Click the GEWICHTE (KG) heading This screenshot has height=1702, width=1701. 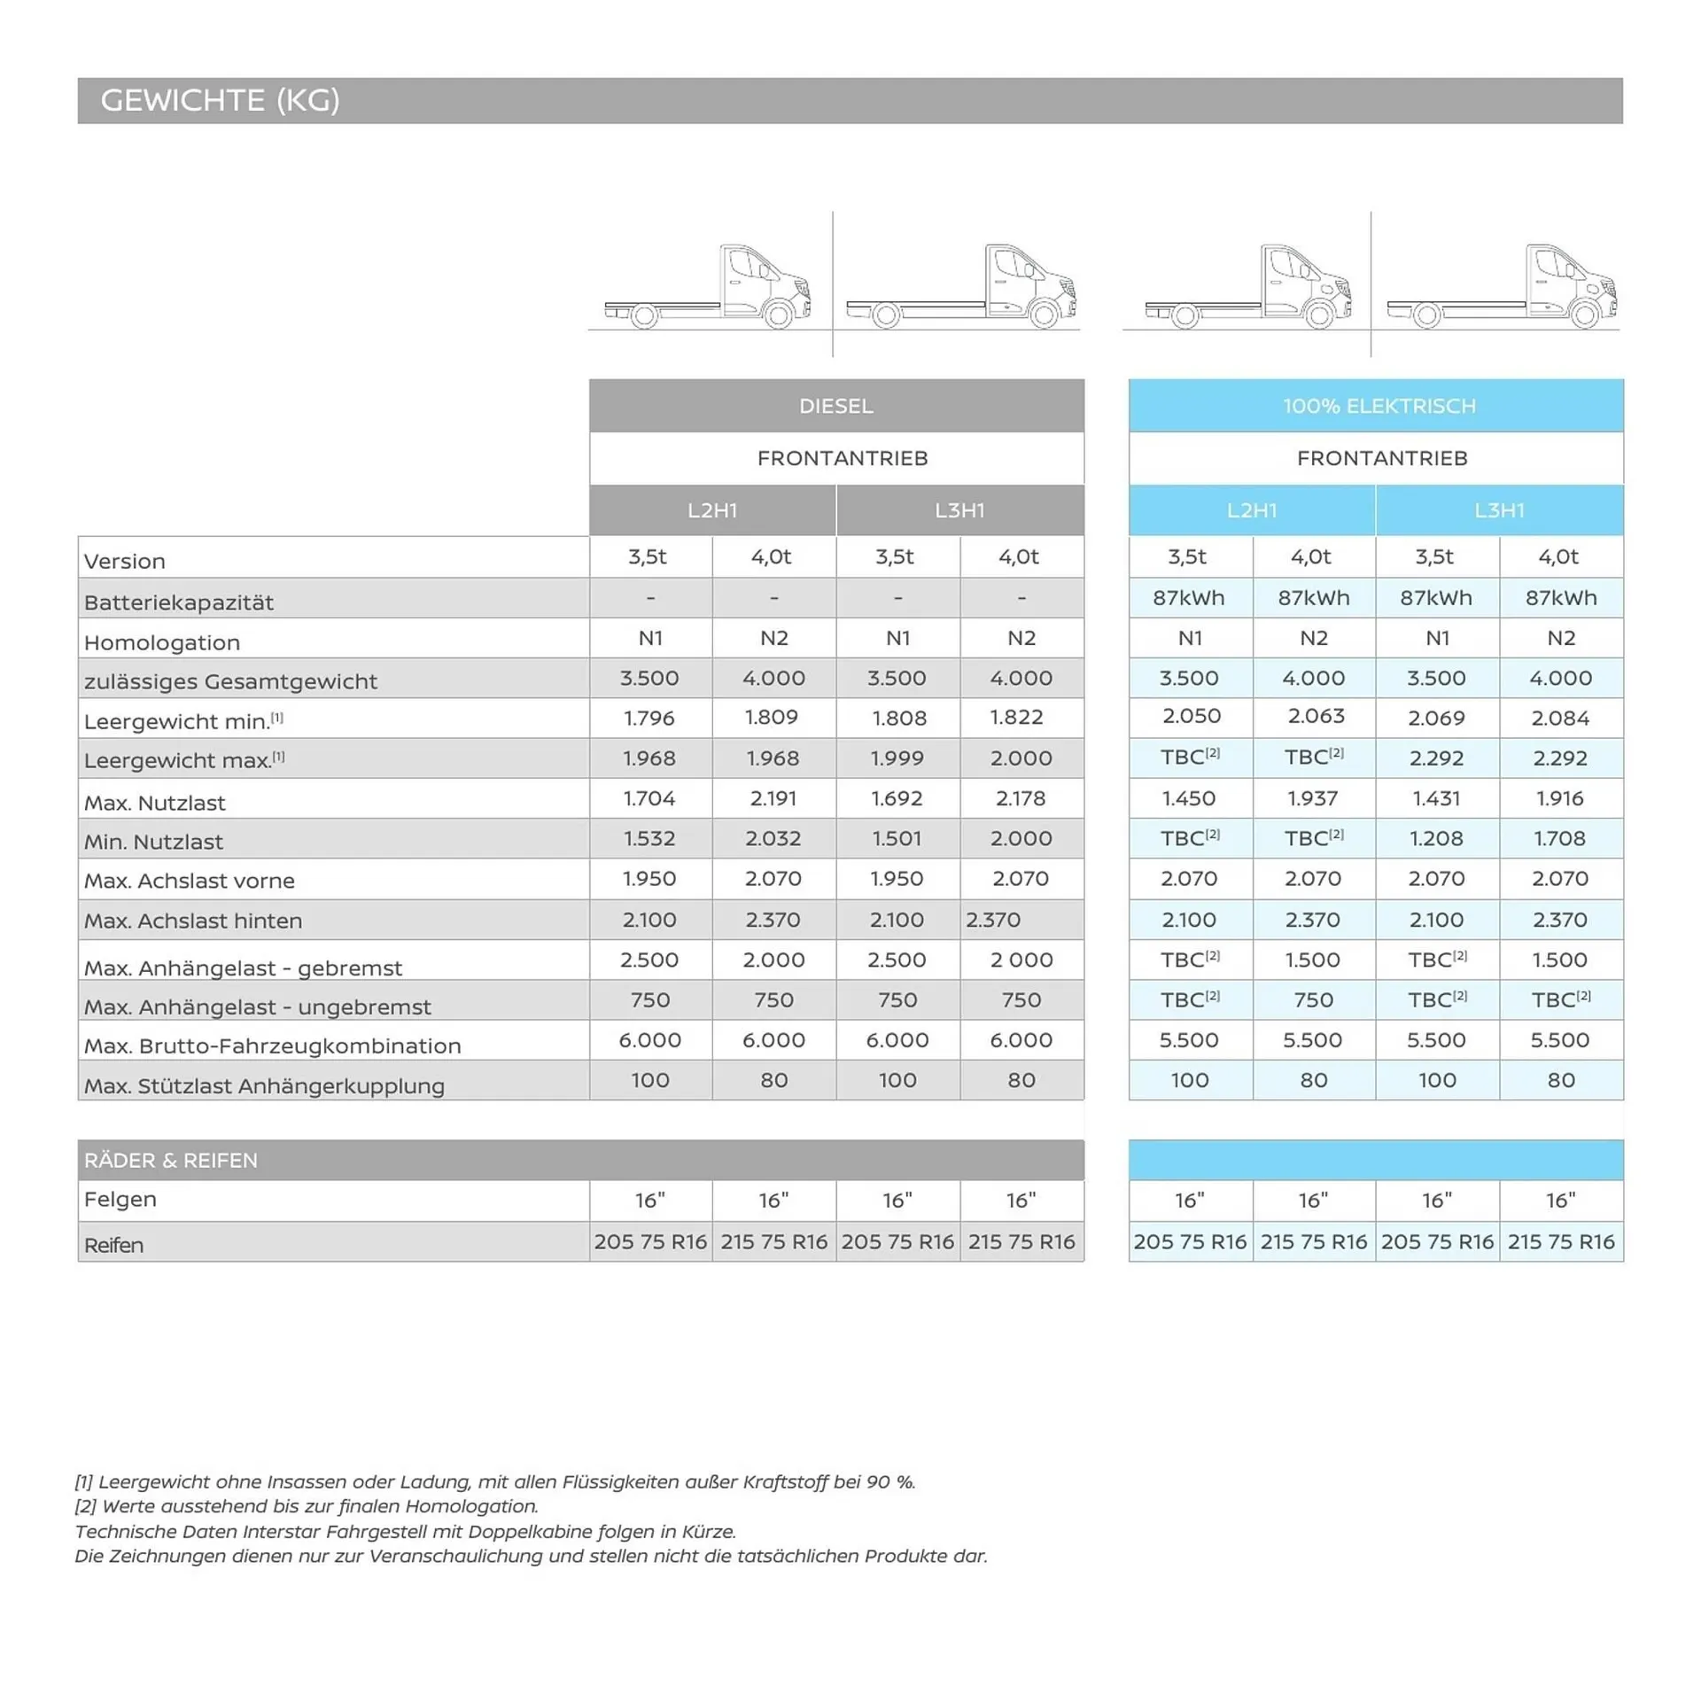click(220, 100)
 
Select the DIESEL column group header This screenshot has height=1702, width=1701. click(835, 406)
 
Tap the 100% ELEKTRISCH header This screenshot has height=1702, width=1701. click(1379, 406)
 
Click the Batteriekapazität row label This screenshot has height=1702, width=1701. click(179, 602)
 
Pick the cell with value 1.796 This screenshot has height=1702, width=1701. click(649, 718)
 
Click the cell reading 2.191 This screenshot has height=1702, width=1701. click(773, 798)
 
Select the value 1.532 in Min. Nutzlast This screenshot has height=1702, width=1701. click(649, 838)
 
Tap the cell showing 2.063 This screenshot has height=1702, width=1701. click(1316, 716)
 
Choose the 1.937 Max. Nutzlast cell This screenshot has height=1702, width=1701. click(1312, 798)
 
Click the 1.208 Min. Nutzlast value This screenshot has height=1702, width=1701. click(1436, 838)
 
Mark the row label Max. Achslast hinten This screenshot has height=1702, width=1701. click(193, 921)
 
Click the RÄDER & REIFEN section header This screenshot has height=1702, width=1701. click(171, 1160)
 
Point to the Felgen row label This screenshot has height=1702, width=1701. click(120, 1199)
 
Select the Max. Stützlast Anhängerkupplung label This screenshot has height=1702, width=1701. click(264, 1085)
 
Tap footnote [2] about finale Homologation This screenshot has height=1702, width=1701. click(307, 1506)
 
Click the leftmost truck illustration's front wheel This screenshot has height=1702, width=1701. click(779, 315)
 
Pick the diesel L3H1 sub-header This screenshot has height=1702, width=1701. click(959, 510)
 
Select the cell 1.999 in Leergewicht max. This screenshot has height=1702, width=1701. click(897, 758)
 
